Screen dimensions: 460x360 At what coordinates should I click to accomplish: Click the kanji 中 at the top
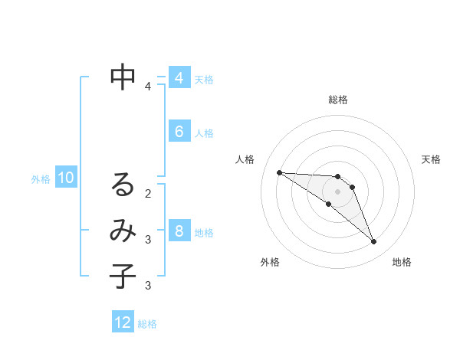click(x=123, y=77)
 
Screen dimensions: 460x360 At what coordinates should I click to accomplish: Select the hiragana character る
click(x=123, y=185)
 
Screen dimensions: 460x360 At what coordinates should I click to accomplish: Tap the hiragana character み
click(x=123, y=231)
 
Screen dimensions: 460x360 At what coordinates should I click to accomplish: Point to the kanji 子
click(x=123, y=277)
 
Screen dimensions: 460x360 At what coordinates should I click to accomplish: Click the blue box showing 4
click(x=179, y=78)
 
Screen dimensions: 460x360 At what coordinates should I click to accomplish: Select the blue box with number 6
click(x=179, y=132)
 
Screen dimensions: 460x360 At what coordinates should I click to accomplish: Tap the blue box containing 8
click(x=179, y=231)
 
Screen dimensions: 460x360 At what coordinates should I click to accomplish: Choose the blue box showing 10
click(x=66, y=178)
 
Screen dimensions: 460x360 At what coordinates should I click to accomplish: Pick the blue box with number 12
click(x=123, y=322)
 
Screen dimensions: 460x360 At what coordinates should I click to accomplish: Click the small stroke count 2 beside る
click(x=148, y=193)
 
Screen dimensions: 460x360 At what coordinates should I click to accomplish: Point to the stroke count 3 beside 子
click(x=148, y=286)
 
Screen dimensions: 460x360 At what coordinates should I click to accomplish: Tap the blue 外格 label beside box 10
click(x=41, y=179)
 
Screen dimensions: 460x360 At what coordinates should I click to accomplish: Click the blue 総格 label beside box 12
click(x=147, y=324)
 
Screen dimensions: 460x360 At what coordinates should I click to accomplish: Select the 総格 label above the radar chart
click(x=338, y=100)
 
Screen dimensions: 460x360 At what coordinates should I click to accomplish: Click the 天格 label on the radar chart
click(x=431, y=159)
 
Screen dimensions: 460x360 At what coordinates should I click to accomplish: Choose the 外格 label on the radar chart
click(x=270, y=262)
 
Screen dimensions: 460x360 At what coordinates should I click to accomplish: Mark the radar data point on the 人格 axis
click(x=279, y=172)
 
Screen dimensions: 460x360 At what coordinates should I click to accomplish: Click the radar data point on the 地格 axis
click(x=374, y=242)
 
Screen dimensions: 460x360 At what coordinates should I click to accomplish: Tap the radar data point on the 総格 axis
click(x=338, y=177)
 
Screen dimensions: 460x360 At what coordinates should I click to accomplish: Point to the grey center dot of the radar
click(x=338, y=191)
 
